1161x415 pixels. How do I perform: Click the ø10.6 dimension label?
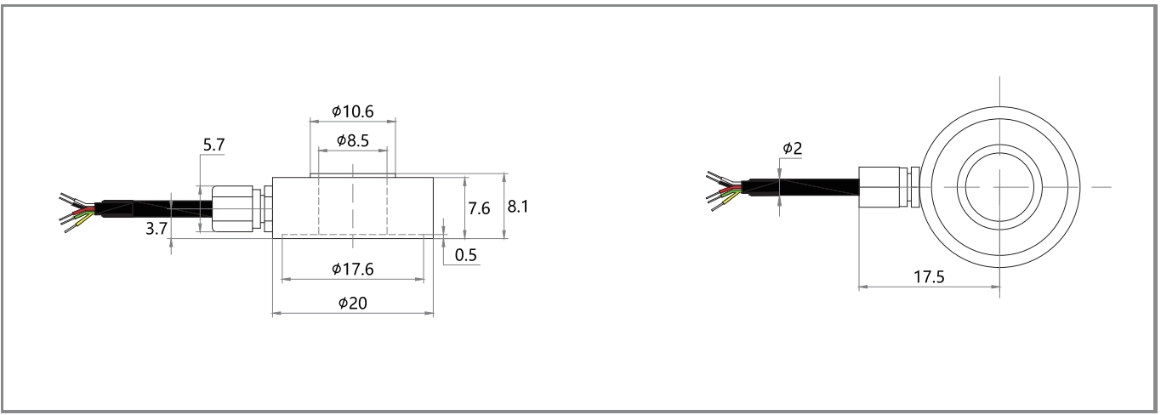coord(352,111)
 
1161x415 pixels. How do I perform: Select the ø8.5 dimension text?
coord(352,140)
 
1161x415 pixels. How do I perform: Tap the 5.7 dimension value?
coord(213,145)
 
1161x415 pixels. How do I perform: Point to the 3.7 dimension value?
coord(157,229)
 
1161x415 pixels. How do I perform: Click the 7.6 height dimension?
coord(479,208)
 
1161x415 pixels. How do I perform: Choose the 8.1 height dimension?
coord(517,207)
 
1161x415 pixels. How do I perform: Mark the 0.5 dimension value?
coord(465,255)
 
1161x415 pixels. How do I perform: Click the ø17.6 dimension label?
coord(352,269)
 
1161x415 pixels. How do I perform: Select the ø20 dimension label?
coord(352,303)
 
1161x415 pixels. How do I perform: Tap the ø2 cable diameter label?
coord(792,149)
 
